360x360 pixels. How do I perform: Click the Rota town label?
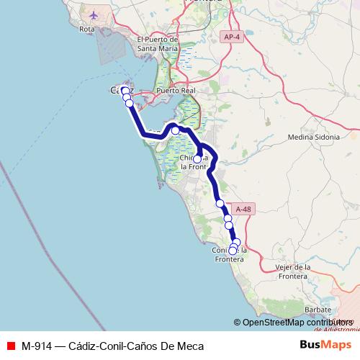pyautogui.click(x=86, y=30)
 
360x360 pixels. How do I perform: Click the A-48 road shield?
pyautogui.click(x=244, y=210)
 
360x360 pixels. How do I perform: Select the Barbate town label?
pyautogui.click(x=318, y=310)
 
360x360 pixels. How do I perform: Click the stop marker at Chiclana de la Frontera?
pyautogui.click(x=197, y=158)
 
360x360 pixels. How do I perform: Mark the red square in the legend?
pyautogui.click(x=9, y=346)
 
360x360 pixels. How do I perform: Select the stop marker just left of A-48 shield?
pyautogui.click(x=228, y=217)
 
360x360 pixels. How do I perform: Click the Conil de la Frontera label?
pyautogui.click(x=230, y=254)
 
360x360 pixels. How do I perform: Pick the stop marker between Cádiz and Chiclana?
pyautogui.click(x=175, y=130)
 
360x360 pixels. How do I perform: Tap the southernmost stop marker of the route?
pyautogui.click(x=233, y=251)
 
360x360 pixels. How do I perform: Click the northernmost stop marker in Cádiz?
pyautogui.click(x=125, y=91)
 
